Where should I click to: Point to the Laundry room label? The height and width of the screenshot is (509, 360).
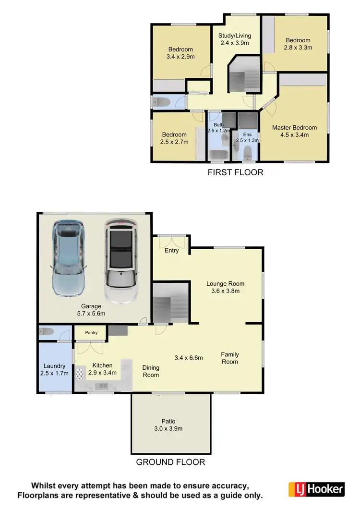click(x=54, y=370)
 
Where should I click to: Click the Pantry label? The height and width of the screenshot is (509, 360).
click(x=91, y=332)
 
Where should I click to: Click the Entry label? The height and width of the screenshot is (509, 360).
click(x=171, y=251)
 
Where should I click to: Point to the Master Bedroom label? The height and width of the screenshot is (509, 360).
click(x=294, y=131)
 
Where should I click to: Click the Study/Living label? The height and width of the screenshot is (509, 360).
click(x=235, y=39)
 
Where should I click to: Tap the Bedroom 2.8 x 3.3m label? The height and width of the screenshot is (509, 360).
click(x=298, y=44)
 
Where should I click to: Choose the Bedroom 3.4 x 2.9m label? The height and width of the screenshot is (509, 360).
click(x=180, y=53)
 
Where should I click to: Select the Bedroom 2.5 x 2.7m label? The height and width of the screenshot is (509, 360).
click(x=174, y=138)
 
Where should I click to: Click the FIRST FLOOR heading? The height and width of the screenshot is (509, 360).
click(x=235, y=172)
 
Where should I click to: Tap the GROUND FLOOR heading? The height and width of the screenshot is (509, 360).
click(x=170, y=462)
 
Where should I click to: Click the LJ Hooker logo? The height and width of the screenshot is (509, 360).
click(x=316, y=489)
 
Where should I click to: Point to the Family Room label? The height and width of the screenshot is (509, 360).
click(x=230, y=358)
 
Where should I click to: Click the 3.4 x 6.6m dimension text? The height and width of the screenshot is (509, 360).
click(x=189, y=358)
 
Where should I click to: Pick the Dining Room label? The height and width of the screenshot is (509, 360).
click(x=151, y=371)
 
